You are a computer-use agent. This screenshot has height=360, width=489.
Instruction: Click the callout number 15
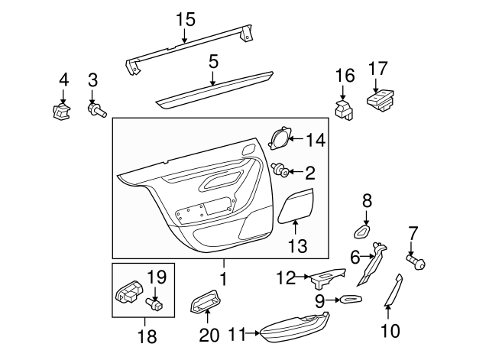pos(186,19)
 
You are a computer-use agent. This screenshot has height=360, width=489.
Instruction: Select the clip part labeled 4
pos(61,112)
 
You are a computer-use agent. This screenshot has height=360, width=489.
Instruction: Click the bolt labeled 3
pos(97,109)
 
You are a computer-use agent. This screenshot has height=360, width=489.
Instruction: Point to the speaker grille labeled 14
pos(280,138)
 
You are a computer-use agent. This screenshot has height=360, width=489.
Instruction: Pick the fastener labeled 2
pos(280,170)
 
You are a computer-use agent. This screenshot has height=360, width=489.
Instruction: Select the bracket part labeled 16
pos(344,110)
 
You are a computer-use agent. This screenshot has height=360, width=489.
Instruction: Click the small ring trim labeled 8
pos(361,232)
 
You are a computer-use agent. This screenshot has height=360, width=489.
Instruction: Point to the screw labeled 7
pos(416,261)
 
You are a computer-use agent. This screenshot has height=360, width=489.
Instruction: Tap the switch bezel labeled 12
pos(329,277)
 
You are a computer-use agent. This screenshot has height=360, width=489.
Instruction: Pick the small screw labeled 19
pos(154,303)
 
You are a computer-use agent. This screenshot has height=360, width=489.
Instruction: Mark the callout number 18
pos(147,336)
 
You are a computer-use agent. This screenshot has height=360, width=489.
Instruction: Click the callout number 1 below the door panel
pos(224,278)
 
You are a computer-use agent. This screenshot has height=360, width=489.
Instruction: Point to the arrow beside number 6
pos(368,257)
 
